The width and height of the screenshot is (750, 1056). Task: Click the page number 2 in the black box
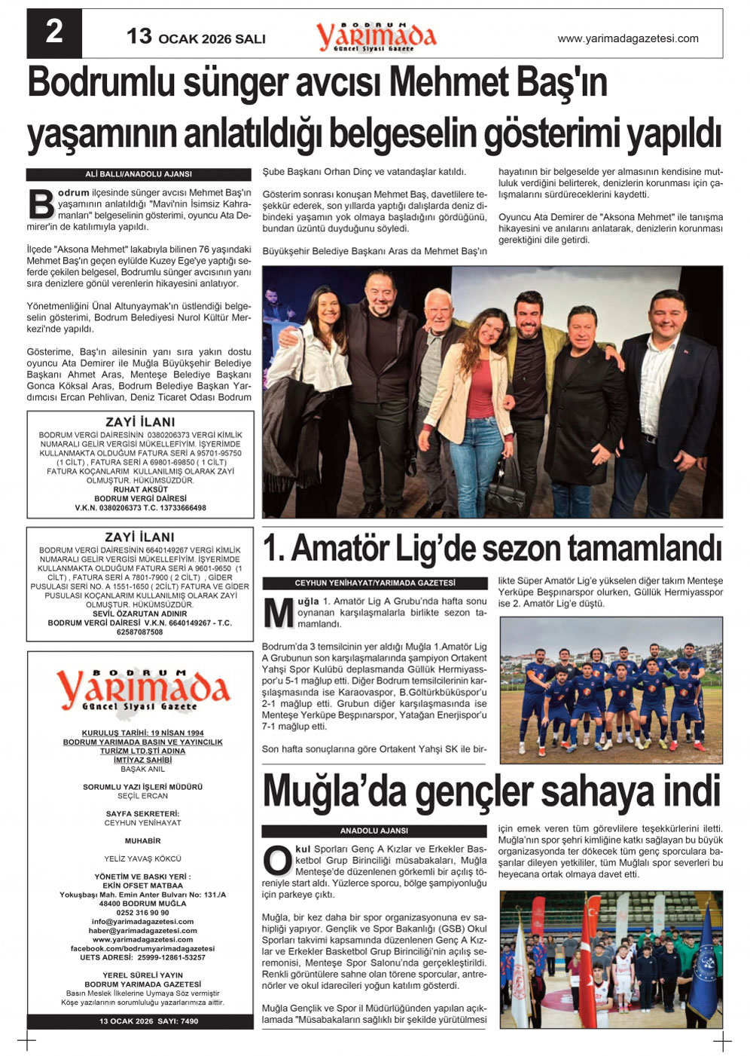tap(54, 32)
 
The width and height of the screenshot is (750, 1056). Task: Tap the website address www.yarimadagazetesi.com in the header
tap(628, 38)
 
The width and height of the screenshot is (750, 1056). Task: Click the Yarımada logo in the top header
tap(376, 35)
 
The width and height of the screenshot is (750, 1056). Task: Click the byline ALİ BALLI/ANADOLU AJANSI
tap(139, 174)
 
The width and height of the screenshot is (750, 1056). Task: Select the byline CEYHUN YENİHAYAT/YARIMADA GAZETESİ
tap(375, 583)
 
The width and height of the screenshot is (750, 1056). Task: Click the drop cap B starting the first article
tap(41, 204)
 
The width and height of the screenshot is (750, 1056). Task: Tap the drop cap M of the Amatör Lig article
tap(278, 613)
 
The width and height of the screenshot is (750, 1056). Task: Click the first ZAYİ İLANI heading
tap(140, 422)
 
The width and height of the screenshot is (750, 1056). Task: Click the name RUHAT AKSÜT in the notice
tap(141, 490)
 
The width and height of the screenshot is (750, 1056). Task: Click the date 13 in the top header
tap(139, 36)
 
